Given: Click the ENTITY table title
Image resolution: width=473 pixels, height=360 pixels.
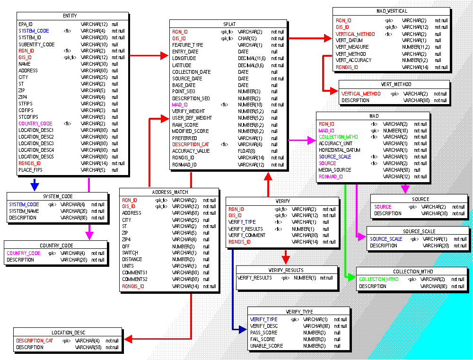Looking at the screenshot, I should tap(70, 16).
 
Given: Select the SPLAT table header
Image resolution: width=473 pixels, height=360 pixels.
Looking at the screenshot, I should tap(228, 24).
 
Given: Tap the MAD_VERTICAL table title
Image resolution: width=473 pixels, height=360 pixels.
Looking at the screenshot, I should tap(392, 11).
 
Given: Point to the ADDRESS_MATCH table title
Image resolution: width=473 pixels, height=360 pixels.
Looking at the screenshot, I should tap(170, 193).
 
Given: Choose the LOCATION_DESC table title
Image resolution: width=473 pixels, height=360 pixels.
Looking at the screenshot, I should tap(68, 333).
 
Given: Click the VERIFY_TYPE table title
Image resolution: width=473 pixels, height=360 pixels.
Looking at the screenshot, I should tap(299, 312).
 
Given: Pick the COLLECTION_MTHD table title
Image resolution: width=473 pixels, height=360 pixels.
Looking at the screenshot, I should tap(412, 272).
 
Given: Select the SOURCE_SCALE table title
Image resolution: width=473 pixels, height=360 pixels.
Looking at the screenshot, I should tap(419, 231).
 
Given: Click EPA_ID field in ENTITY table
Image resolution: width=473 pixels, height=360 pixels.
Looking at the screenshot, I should tap(26, 24).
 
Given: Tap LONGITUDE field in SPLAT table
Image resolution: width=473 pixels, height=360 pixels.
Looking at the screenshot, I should tap(184, 59).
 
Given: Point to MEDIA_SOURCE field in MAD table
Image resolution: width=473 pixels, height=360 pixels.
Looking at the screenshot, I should tap(334, 170).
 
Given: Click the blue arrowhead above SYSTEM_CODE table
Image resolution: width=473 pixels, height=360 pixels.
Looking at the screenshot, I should tap(35, 186).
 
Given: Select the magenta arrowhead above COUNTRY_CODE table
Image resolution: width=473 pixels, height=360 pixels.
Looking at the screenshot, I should tap(89, 235).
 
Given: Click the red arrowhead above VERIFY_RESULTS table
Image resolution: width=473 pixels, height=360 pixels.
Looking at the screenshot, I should tap(285, 260).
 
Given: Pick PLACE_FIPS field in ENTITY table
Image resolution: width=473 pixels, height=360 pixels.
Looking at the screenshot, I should tap(30, 170).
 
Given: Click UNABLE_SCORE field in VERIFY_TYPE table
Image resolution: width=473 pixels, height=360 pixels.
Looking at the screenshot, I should tap(266, 346).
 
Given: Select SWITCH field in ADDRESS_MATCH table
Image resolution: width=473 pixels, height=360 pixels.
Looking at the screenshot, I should tap(130, 253).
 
